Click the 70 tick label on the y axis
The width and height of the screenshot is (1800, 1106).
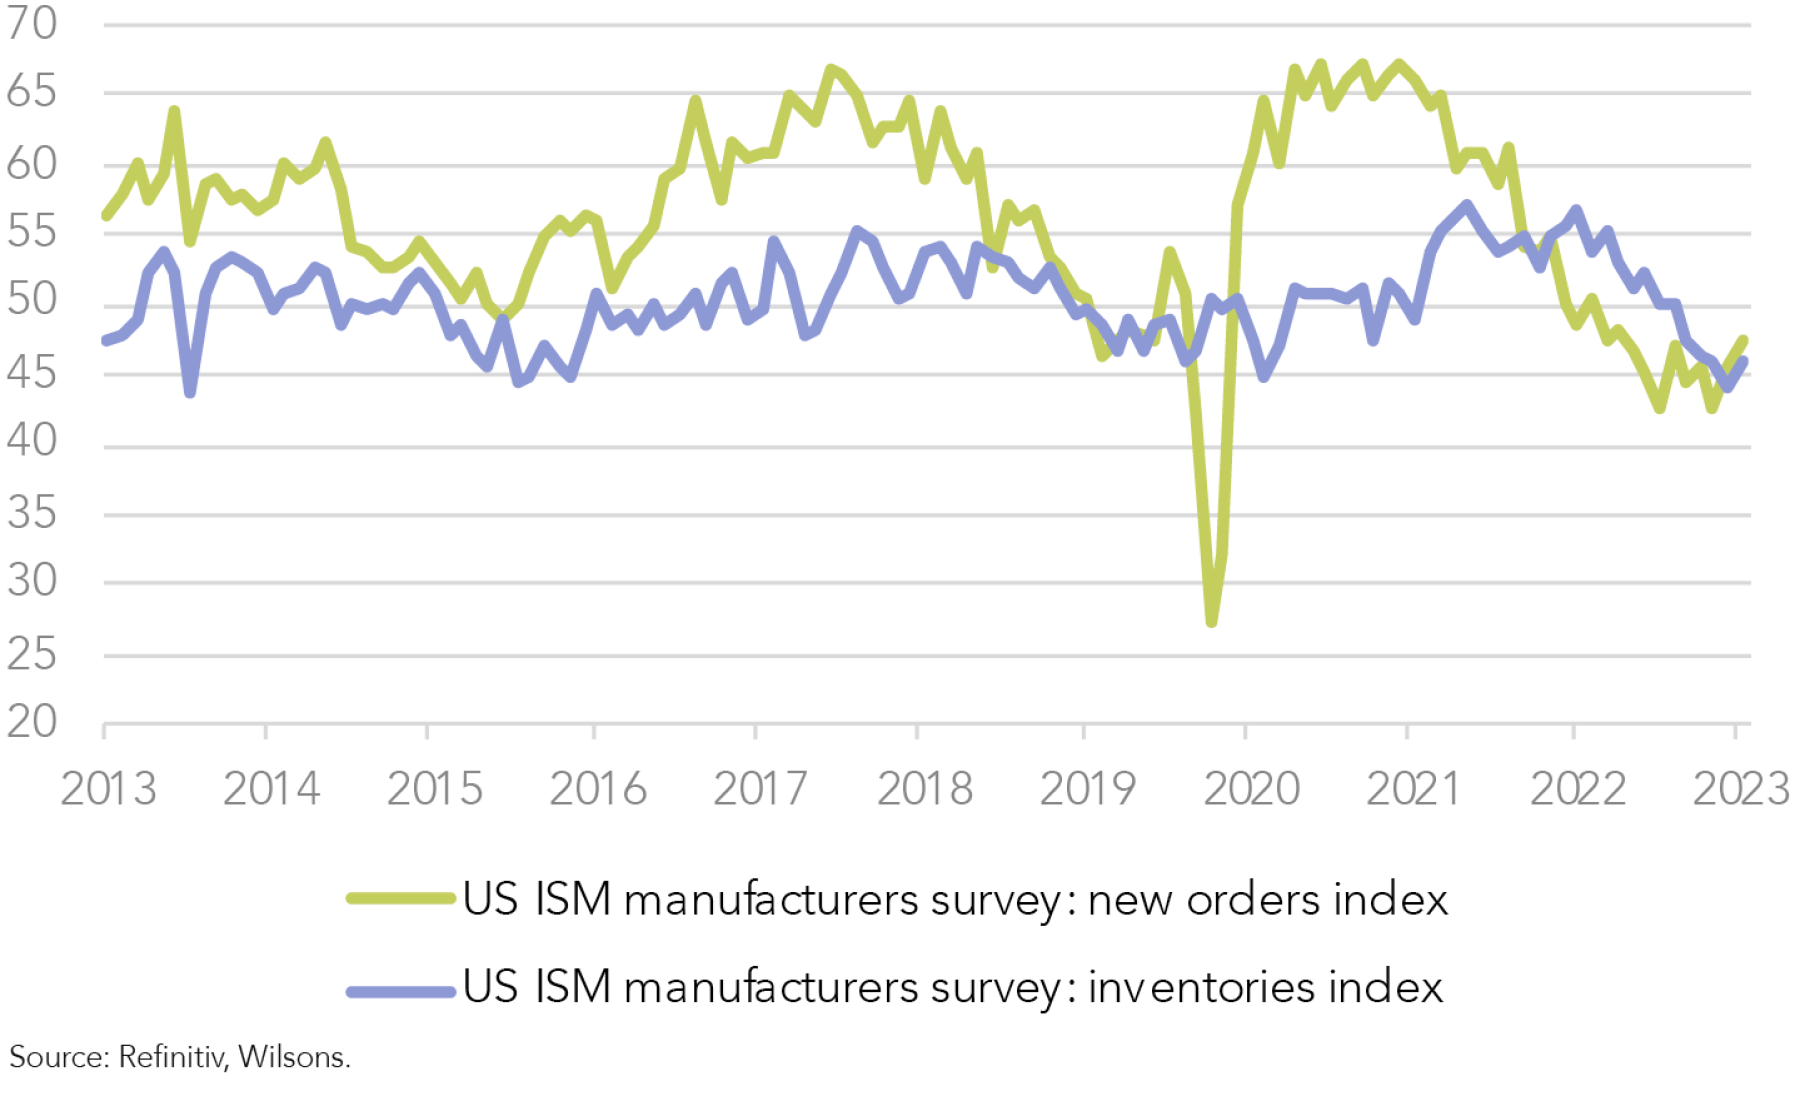point(32,24)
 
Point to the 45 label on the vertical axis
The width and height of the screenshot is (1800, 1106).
point(32,373)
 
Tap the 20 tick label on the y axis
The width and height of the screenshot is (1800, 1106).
point(32,722)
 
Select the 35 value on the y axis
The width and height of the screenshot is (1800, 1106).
point(32,514)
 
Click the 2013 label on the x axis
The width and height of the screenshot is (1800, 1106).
point(109,789)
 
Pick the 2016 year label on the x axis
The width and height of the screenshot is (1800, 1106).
point(598,789)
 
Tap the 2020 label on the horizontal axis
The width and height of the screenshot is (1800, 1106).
point(1251,789)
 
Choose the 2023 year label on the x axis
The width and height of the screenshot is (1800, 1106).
point(1740,789)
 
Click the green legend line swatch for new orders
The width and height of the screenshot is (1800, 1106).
point(401,898)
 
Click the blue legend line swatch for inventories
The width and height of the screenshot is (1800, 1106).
point(401,991)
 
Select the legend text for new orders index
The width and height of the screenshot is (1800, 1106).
point(955,899)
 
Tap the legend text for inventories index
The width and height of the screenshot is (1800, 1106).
point(953,987)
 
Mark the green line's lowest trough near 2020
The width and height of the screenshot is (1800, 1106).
point(1212,621)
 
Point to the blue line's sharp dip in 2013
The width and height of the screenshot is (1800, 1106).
point(190,392)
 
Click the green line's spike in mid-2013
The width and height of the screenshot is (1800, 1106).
point(174,111)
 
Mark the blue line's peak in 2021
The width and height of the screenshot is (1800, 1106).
point(1467,205)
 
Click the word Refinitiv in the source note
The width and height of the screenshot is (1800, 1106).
point(172,1057)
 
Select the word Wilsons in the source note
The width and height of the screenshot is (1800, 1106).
point(294,1057)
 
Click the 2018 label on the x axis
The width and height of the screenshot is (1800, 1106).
point(925,789)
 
